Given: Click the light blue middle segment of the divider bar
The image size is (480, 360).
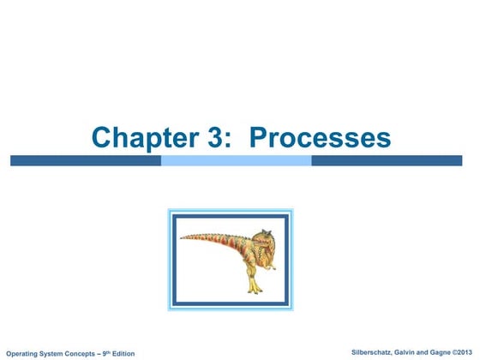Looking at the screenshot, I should [x=236, y=160].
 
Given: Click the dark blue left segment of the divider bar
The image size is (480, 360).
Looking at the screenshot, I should [x=85, y=160].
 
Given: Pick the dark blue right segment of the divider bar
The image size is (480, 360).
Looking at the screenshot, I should [x=390, y=160].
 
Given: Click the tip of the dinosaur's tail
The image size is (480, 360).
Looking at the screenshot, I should [x=181, y=238].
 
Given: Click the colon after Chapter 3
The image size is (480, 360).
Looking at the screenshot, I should [x=227, y=140].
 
